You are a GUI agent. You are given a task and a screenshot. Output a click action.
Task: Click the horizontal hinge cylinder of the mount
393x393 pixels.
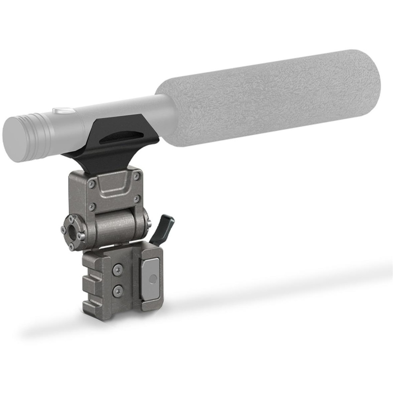point(115,226)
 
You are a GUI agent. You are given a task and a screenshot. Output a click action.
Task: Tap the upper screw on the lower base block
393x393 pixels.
point(119,270)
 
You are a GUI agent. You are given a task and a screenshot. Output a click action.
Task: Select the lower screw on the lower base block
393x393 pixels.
point(119,289)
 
